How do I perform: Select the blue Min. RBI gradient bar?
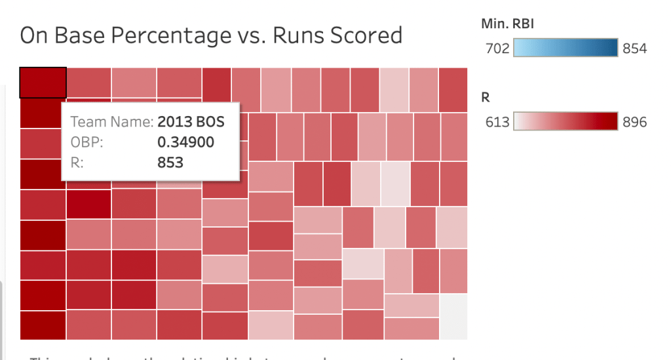pos(566,48)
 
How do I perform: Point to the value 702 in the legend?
pos(497,49)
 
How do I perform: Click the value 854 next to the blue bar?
pos(634,49)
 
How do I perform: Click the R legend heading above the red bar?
pos(486,98)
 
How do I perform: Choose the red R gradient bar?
pos(566,121)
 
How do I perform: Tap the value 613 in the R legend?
pos(497,122)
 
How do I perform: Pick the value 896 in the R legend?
pos(634,122)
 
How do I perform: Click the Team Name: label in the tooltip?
pos(112,122)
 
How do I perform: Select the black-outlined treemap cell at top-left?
pos(43,83)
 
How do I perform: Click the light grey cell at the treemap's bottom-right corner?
pos(453,316)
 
